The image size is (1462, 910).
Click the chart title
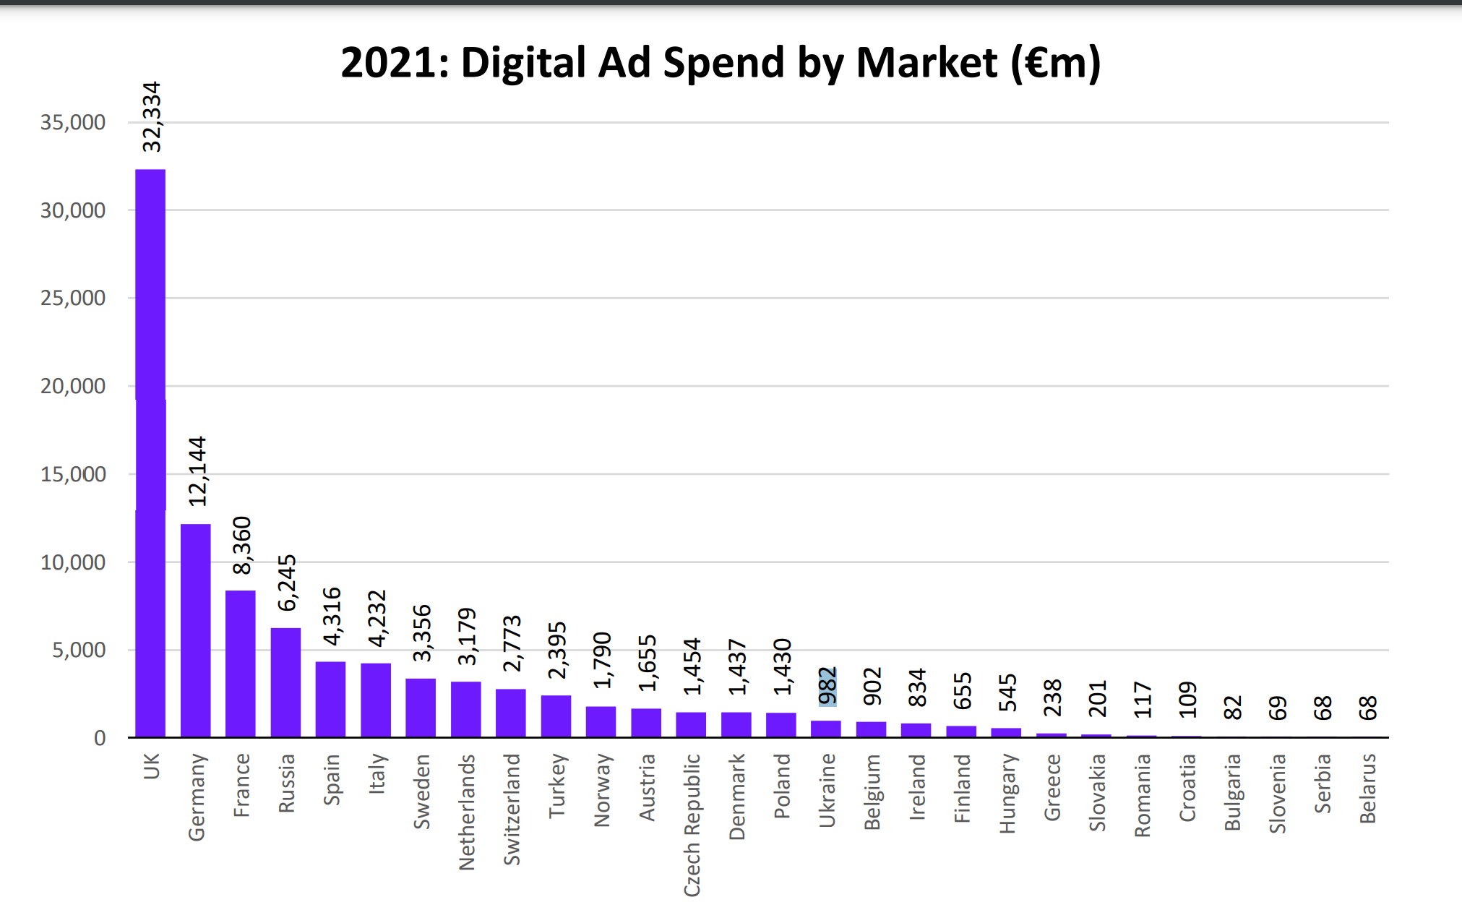click(721, 63)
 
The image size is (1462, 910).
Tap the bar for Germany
click(195, 630)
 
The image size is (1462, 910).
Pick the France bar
click(241, 664)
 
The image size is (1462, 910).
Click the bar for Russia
click(285, 682)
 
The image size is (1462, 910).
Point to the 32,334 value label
click(152, 116)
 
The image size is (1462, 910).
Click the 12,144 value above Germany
click(197, 471)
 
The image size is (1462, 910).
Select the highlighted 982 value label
click(827, 686)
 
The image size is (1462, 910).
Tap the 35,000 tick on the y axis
click(73, 122)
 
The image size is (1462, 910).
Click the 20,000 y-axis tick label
click(73, 386)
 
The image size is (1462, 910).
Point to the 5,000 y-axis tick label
click(79, 650)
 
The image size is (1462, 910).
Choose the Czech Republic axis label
click(692, 825)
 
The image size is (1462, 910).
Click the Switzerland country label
click(512, 809)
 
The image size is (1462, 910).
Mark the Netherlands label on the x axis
click(467, 812)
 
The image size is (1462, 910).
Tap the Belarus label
click(1367, 788)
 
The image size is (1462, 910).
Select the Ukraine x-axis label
click(827, 790)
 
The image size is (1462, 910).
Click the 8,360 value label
click(242, 546)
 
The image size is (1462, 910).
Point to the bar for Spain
click(330, 699)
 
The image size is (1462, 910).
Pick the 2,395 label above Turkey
click(557, 651)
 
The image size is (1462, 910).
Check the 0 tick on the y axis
click(100, 738)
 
